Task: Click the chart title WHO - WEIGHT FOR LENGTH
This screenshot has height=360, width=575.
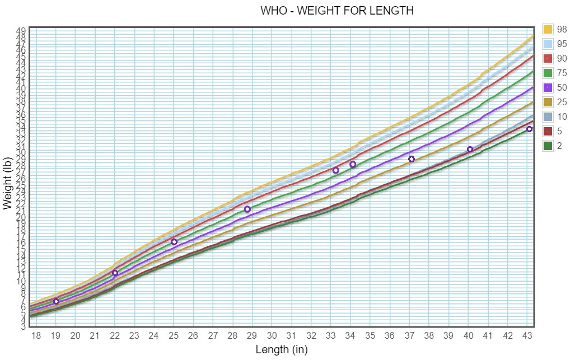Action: [x=337, y=11]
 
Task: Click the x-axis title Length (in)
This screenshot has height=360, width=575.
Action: [x=282, y=350]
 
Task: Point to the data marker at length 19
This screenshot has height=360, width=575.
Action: [x=56, y=302]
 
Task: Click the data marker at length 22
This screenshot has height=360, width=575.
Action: [x=115, y=273]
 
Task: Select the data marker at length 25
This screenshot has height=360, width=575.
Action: [x=174, y=242]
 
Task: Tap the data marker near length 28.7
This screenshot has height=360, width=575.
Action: [x=247, y=209]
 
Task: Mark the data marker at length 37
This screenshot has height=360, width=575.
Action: [x=412, y=159]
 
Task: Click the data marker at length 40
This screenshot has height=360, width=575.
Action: [x=470, y=149]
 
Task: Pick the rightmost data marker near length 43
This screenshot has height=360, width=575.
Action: [x=529, y=129]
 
